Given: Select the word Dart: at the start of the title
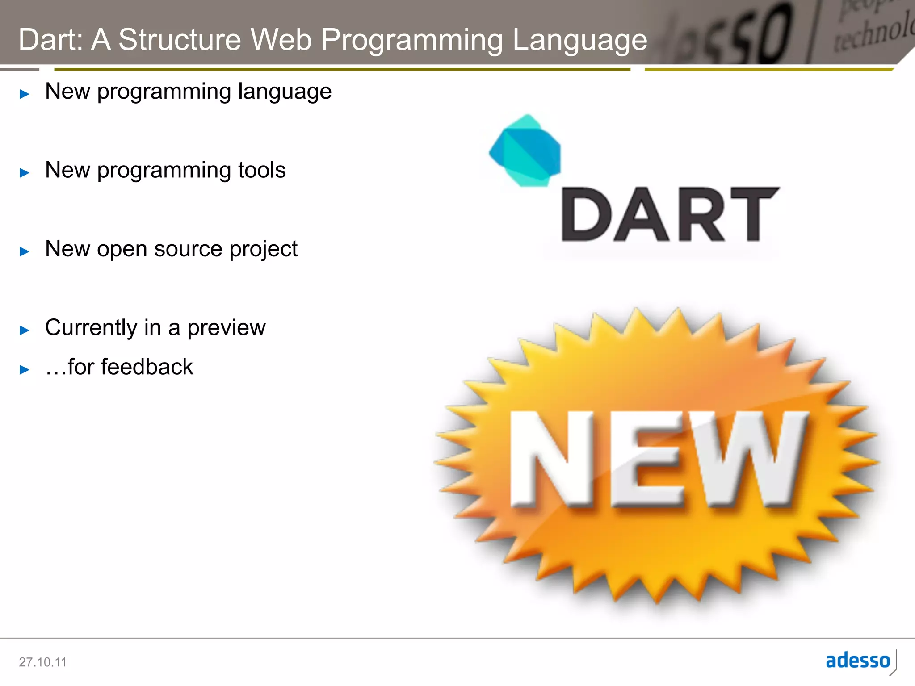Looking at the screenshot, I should pyautogui.click(x=51, y=40).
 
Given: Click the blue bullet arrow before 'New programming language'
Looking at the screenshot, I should pyautogui.click(x=25, y=94).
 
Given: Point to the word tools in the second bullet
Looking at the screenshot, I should pyautogui.click(x=262, y=170).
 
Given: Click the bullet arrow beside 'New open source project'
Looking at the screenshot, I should pyautogui.click(x=25, y=251).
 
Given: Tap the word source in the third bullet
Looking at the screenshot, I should pyautogui.click(x=188, y=249).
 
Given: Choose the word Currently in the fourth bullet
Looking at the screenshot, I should pyautogui.click(x=91, y=328).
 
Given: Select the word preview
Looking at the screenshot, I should pyautogui.click(x=227, y=328).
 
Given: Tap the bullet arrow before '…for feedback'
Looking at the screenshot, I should pyautogui.click(x=25, y=369).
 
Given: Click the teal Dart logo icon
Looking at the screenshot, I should pyautogui.click(x=525, y=151).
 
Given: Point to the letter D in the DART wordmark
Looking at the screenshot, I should pyautogui.click(x=583, y=215).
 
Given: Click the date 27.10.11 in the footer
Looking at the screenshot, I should pyautogui.click(x=42, y=662).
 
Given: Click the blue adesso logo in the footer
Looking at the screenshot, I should pyautogui.click(x=858, y=661).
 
